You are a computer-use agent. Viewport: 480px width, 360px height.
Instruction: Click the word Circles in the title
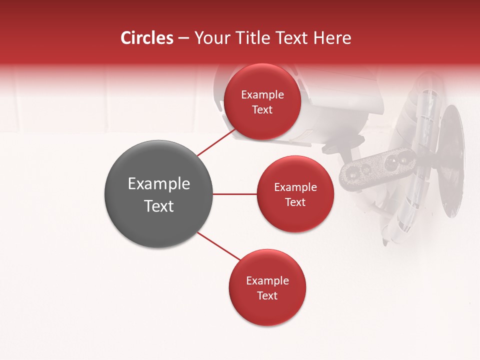[x=147, y=38]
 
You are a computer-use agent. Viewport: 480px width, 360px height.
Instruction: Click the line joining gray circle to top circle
[x=216, y=142]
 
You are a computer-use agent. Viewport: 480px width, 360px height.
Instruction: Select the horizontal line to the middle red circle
[x=234, y=194]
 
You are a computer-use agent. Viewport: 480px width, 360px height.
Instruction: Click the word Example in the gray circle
[x=158, y=184]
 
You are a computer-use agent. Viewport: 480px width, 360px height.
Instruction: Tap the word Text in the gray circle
[x=158, y=206]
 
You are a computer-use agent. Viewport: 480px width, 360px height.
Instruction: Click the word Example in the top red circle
[x=262, y=95]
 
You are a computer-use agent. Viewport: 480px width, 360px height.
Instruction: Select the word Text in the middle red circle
[x=295, y=202]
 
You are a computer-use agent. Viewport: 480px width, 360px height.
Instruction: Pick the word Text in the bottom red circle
[x=267, y=295]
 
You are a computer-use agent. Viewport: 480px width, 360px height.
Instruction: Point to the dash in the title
[x=183, y=38]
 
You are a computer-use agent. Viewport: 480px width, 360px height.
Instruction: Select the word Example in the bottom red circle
[x=267, y=280]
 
